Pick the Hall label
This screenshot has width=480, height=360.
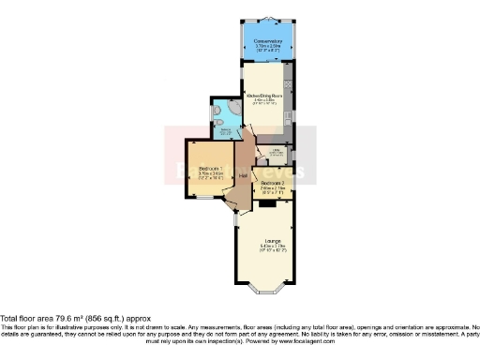point(242,174)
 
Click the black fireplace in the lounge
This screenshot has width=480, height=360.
point(266,202)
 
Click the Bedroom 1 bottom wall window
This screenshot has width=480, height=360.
point(202,200)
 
